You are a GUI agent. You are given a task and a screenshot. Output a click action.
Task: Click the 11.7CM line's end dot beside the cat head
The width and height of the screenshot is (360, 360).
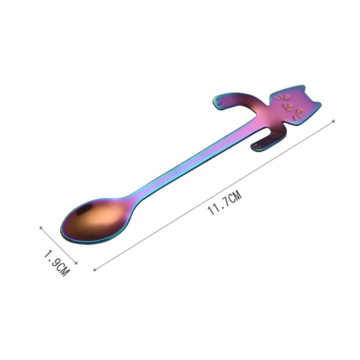[334, 121]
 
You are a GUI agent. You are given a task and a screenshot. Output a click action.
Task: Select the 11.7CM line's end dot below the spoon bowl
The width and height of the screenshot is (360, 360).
[95, 269]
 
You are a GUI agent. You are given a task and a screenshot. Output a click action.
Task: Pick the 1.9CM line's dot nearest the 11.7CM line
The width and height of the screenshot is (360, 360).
[76, 263]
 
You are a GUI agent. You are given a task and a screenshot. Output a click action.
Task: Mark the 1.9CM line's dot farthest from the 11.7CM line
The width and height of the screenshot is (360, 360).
[41, 228]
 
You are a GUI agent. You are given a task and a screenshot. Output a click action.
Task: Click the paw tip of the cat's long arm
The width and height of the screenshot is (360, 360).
[218, 102]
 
